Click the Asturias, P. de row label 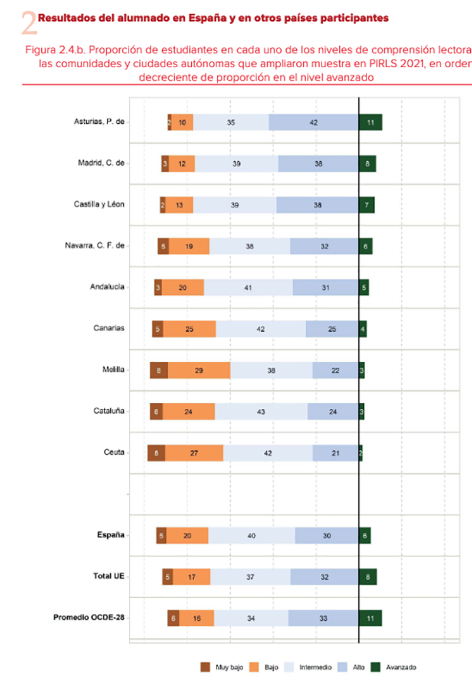coord(99,122)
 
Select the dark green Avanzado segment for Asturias coord(371,122)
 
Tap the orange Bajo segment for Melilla coord(199,370)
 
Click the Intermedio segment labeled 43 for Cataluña coord(261,411)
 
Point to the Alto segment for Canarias coord(332,329)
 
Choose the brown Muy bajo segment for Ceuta coord(156,453)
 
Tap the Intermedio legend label coord(315,667)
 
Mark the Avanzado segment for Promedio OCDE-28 coord(371,618)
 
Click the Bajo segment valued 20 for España coord(188,535)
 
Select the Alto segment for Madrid coord(319,163)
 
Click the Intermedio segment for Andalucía coord(248,287)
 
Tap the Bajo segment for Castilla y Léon coord(179,205)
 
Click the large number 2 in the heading coord(28,24)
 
